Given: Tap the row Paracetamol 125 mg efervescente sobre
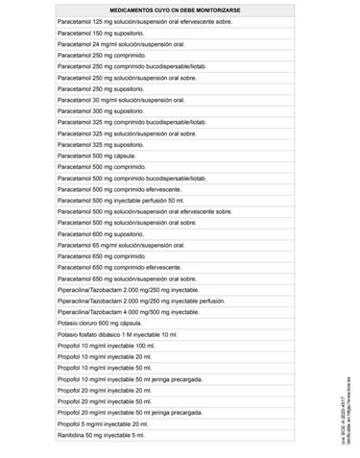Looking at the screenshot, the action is point(144,18).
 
